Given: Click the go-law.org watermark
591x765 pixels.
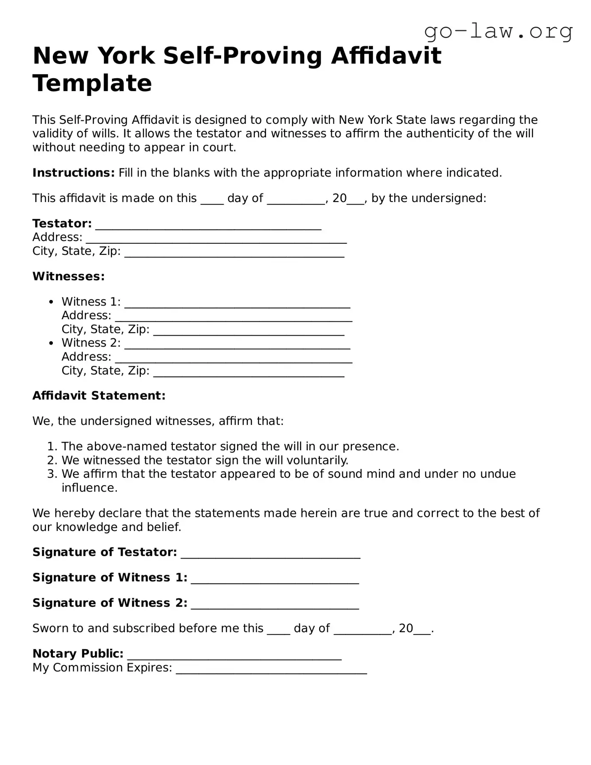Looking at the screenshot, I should [498, 31].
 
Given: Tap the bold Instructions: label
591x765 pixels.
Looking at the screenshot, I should [74, 173].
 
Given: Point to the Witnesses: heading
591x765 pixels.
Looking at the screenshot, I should [68, 276].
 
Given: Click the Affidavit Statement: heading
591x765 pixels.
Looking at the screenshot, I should [99, 396].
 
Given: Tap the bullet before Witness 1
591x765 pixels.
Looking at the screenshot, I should [52, 302].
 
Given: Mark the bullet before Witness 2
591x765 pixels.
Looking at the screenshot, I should [52, 343].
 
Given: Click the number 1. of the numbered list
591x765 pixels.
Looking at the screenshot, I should [52, 447].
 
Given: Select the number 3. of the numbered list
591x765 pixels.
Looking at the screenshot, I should [52, 474].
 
